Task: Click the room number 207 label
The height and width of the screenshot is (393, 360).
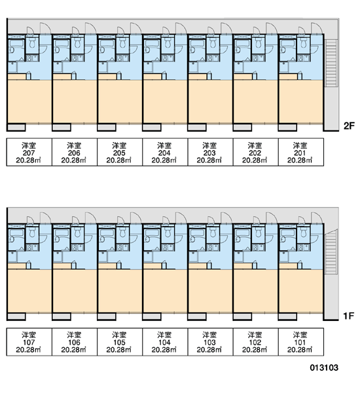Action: (x=29, y=153)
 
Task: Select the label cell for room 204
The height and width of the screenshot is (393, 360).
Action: (x=165, y=152)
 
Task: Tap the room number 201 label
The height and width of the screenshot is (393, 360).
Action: (x=300, y=153)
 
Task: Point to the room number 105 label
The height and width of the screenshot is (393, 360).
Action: (x=119, y=343)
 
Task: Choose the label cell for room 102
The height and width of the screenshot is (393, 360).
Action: (x=255, y=342)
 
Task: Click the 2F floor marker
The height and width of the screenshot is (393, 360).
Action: (x=349, y=126)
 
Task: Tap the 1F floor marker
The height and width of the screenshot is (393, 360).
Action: (x=348, y=316)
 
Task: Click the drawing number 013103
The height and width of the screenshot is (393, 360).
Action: (x=324, y=367)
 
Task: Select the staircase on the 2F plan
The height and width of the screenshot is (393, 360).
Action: (x=331, y=63)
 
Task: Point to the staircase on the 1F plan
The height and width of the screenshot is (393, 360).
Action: (x=331, y=253)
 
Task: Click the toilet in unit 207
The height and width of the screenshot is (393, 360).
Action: (x=32, y=43)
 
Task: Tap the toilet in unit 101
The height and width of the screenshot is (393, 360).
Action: (x=304, y=233)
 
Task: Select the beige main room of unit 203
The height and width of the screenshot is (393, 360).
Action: (x=210, y=102)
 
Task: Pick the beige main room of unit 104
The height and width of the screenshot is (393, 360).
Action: (x=165, y=291)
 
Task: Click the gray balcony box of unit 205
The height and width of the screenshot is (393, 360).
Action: (x=107, y=127)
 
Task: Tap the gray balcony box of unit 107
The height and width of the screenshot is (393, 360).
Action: (x=16, y=317)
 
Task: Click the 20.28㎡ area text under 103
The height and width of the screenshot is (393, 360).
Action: (x=209, y=349)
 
